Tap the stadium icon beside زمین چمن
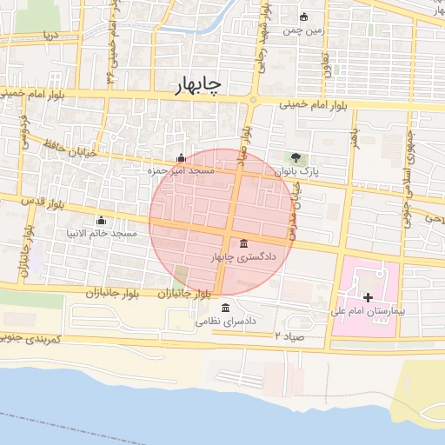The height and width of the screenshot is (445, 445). (303, 17)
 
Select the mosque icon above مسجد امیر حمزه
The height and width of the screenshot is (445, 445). (181, 158)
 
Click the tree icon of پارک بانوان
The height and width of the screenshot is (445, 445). (297, 158)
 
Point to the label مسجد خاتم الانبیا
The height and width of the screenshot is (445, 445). (103, 234)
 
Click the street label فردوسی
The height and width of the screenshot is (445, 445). (23, 130)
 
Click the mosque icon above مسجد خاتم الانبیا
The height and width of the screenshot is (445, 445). (102, 220)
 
